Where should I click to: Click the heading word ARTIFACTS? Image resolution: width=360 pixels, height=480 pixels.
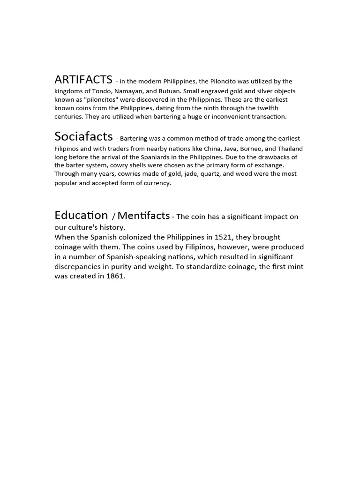click(83, 79)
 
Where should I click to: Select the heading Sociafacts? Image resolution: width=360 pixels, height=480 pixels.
click(83, 136)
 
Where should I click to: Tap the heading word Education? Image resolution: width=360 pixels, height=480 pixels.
click(81, 215)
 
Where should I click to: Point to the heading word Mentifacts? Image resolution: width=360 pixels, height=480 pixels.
click(143, 216)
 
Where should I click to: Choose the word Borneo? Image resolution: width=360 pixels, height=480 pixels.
click(254, 148)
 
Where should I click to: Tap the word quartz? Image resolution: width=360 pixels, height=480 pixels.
click(202, 173)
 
